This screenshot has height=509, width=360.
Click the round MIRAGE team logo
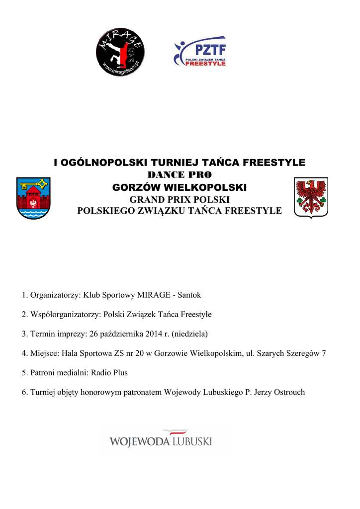(x=120, y=52)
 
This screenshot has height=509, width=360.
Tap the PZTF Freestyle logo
(x=199, y=52)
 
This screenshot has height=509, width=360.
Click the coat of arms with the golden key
(x=33, y=198)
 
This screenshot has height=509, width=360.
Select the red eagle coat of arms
(x=311, y=197)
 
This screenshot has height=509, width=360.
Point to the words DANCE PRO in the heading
(x=180, y=175)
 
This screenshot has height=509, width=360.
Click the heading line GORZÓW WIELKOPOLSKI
(x=180, y=188)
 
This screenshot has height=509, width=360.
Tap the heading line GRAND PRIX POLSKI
(x=180, y=199)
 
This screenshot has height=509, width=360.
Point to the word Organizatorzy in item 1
(x=55, y=295)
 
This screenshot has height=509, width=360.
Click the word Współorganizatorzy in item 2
(x=66, y=315)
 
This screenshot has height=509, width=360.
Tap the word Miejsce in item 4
(x=44, y=353)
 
